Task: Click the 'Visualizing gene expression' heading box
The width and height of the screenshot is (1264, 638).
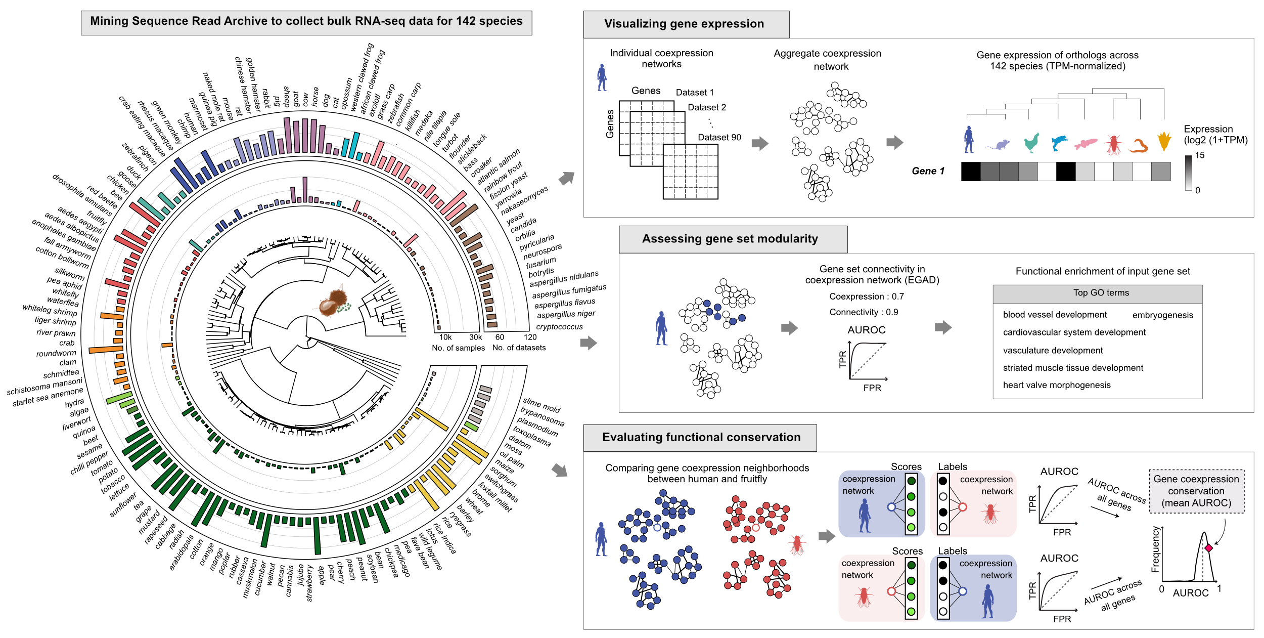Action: coord(686,24)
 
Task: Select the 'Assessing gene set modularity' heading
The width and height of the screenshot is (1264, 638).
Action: coord(732,239)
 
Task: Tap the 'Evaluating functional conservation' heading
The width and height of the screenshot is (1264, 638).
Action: coord(700,438)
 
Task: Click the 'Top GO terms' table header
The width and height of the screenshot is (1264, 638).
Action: coord(1101,293)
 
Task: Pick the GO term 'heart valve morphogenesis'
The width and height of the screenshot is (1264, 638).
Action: coord(1057,386)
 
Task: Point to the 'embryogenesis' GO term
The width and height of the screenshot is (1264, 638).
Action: coord(1162,315)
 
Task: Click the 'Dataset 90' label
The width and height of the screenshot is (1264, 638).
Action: coord(719,138)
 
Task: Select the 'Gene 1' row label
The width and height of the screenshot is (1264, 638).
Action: coord(928,172)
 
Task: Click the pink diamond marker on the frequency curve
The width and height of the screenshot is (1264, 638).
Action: coord(1208,548)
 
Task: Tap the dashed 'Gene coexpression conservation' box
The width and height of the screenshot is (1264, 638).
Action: coord(1196,491)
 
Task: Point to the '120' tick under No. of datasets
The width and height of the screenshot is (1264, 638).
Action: coord(530,337)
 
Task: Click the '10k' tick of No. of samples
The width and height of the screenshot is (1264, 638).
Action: coord(445,337)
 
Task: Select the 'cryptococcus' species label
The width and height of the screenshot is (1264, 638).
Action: coord(559,327)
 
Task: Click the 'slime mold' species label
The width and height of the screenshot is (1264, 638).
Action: coord(541,405)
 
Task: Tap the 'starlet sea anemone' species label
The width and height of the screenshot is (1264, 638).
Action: coord(48,397)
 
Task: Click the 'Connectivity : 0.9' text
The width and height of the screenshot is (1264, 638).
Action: coord(864,313)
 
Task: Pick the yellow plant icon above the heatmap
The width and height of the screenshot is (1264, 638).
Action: coord(1164,142)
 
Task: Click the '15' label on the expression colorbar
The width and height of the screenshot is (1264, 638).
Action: coord(1200,155)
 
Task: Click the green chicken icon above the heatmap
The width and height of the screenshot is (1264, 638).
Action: coord(1031,143)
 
